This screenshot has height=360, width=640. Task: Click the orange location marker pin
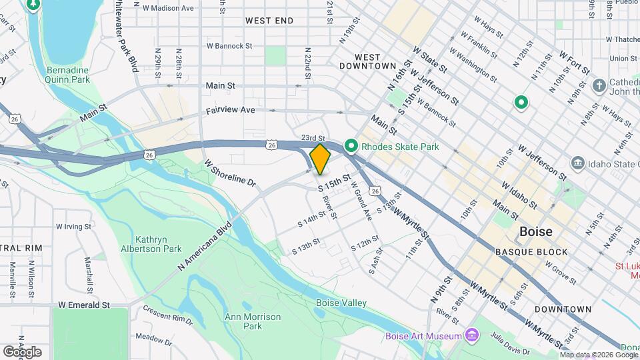320,159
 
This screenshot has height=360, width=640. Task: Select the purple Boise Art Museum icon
472,334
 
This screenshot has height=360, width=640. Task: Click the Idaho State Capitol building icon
577,163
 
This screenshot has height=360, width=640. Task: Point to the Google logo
22,351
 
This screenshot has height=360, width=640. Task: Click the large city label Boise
535,231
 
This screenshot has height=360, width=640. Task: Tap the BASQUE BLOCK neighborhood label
531,252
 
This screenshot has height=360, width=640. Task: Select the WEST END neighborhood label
269,21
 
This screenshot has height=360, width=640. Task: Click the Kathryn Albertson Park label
159,244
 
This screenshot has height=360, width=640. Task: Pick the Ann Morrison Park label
243,321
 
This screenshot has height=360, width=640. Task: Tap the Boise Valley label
341,303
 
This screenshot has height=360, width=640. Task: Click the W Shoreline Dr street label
231,173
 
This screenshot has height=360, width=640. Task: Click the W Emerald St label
83,305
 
